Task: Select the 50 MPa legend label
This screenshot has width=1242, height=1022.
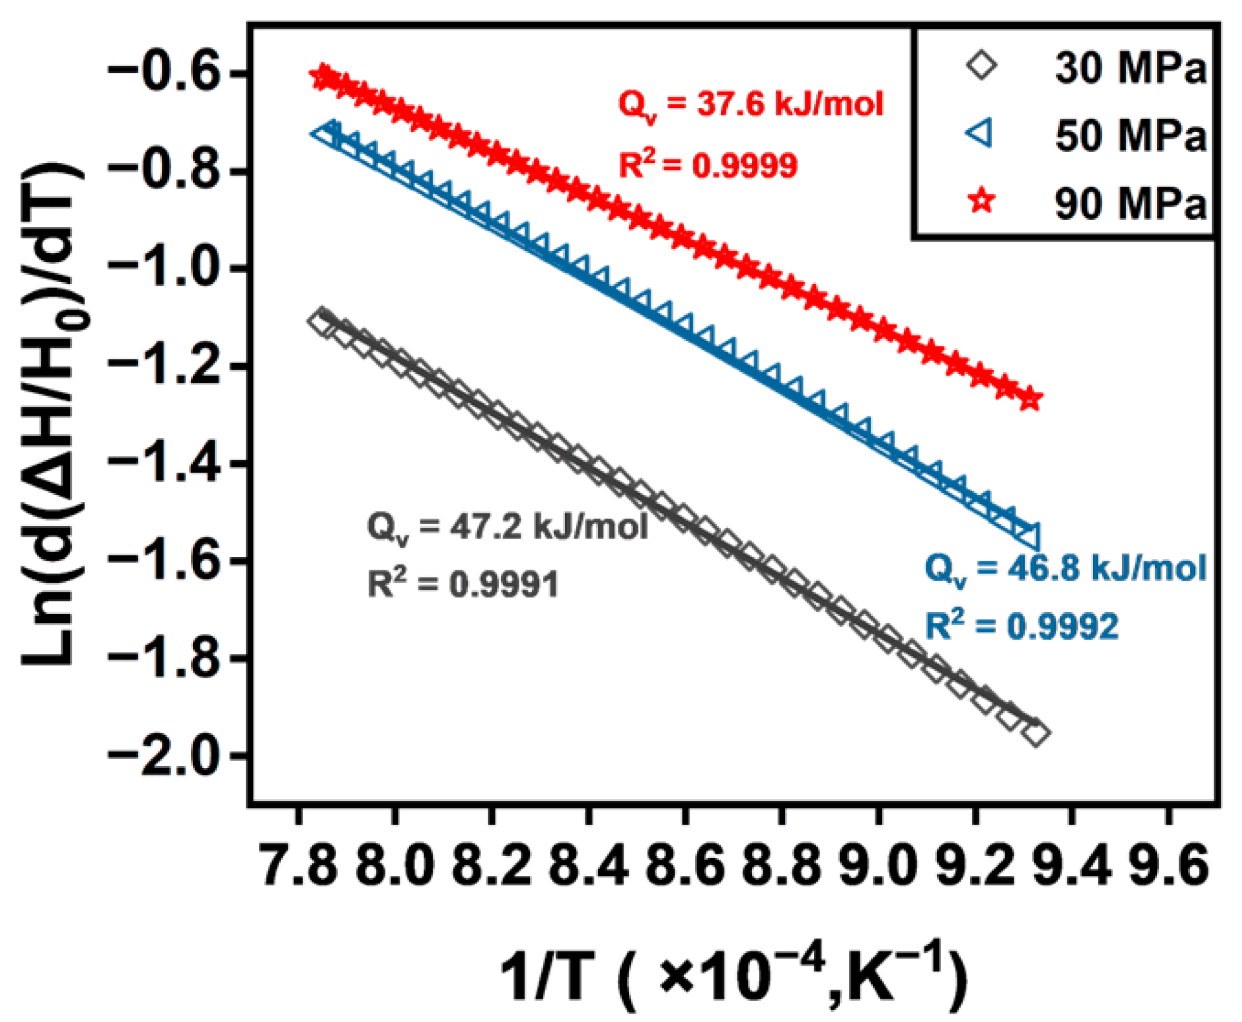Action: click(1129, 136)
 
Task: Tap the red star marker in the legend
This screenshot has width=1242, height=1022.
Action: click(981, 201)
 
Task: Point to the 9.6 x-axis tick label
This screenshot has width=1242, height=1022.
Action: click(1169, 868)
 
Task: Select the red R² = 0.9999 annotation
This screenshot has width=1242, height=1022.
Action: click(708, 165)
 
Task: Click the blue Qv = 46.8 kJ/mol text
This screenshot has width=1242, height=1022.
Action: click(1065, 569)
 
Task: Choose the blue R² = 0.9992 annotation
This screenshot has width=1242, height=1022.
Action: click(1022, 627)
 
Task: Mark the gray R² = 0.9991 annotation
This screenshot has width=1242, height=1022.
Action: click(463, 584)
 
